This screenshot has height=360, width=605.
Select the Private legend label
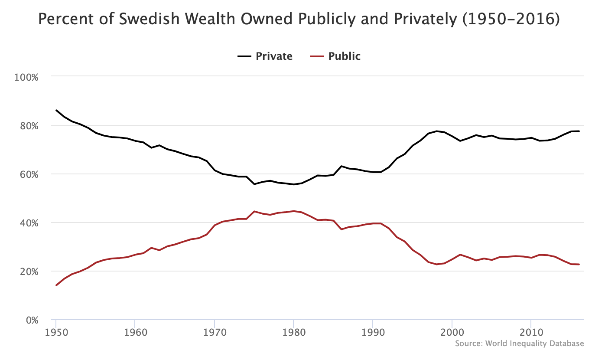pyautogui.click(x=274, y=56)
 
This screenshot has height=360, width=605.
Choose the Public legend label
pyautogui.click(x=344, y=56)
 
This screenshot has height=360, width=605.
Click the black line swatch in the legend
pyautogui.click(x=244, y=56)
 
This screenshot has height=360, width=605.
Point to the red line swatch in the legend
pyautogui.click(x=317, y=56)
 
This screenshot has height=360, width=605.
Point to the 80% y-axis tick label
pyautogui.click(x=29, y=126)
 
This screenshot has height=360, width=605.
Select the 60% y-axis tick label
pyautogui.click(x=29, y=174)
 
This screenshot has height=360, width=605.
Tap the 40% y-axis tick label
pyautogui.click(x=29, y=223)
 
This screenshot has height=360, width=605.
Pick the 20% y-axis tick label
pyautogui.click(x=29, y=272)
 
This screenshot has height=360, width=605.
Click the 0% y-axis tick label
pyautogui.click(x=31, y=320)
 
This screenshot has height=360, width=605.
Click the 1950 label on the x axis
pyautogui.click(x=56, y=331)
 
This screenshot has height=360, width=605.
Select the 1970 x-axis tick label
pyautogui.click(x=215, y=331)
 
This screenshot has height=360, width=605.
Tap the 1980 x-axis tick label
pyautogui.click(x=293, y=331)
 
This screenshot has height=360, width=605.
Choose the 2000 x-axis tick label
pyautogui.click(x=452, y=331)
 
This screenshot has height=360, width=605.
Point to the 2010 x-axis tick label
pyautogui.click(x=531, y=331)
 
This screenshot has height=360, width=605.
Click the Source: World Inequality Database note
pyautogui.click(x=520, y=344)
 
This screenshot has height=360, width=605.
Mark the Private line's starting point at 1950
pyautogui.click(x=56, y=110)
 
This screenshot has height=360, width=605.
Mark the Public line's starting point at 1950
pyautogui.click(x=56, y=285)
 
